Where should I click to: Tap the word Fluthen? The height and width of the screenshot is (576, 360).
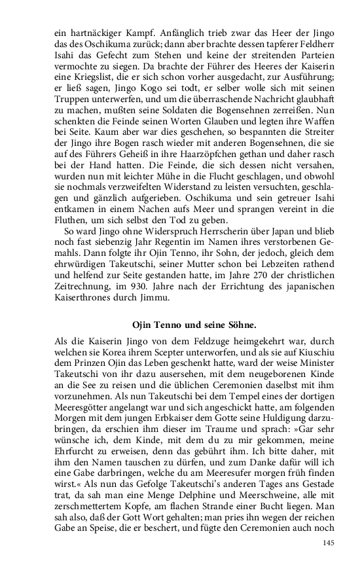click(69, 217)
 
